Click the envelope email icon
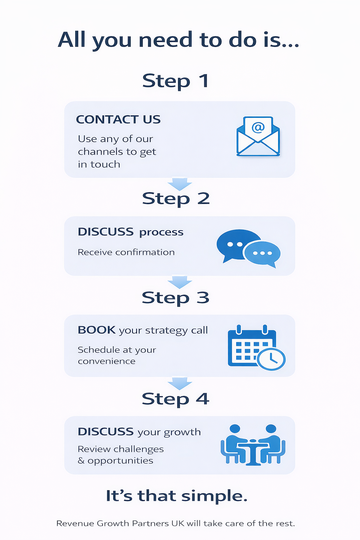(258, 137)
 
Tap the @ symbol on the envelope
(258, 127)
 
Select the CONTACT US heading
(118, 120)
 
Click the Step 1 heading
(175, 81)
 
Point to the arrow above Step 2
(180, 184)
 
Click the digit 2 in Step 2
(204, 199)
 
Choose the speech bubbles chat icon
(248, 247)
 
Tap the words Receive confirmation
(126, 252)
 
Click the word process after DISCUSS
(161, 232)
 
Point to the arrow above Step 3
(180, 282)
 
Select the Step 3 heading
(175, 298)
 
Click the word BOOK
(96, 330)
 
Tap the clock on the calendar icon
(271, 359)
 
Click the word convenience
(107, 361)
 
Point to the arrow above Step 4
(180, 384)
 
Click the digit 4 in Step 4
(202, 399)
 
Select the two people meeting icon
(253, 445)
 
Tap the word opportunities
(120, 461)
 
